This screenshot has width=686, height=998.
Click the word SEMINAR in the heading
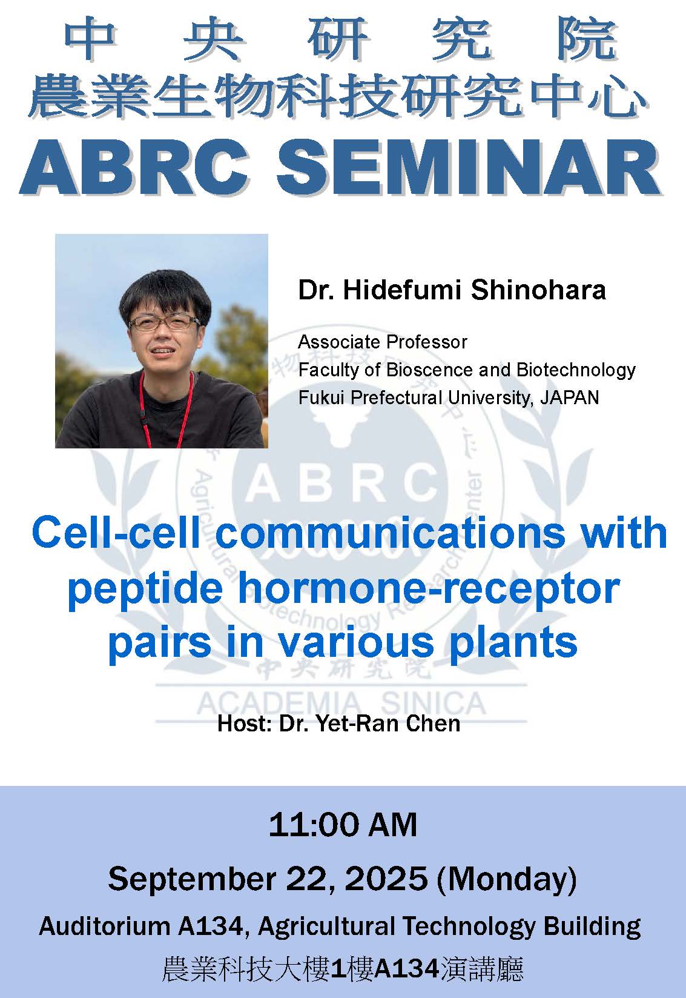click(x=468, y=167)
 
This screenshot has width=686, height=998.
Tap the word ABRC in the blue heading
click(x=134, y=167)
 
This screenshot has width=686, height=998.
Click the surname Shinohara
click(x=539, y=290)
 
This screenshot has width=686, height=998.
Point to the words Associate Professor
click(x=383, y=342)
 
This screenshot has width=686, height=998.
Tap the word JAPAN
click(x=570, y=398)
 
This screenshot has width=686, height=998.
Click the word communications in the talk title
click(x=391, y=533)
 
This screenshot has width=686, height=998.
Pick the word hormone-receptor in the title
click(x=429, y=589)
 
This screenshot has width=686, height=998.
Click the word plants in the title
click(x=513, y=644)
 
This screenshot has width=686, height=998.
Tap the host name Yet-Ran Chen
click(x=388, y=724)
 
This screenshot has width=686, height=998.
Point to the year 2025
click(x=386, y=879)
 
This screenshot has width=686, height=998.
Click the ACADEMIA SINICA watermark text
click(x=341, y=704)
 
